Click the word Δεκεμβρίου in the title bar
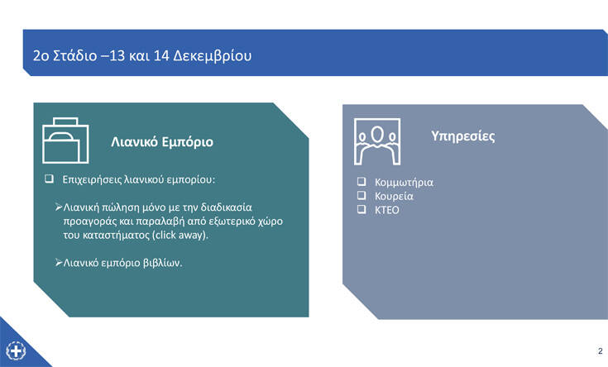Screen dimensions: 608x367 [x=212, y=56]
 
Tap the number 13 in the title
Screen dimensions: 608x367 [x=117, y=55]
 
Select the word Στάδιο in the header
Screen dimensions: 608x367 [x=74, y=55]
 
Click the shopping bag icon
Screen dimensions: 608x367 [x=65, y=141]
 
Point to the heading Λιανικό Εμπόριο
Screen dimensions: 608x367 [x=162, y=142]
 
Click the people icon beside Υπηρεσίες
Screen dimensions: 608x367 [x=377, y=141]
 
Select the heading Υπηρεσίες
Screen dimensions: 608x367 [x=463, y=136]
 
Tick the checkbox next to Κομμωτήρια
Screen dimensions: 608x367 [x=361, y=181]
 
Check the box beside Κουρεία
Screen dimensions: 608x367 [x=361, y=195]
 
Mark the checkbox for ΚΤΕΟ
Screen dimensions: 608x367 [x=361, y=209]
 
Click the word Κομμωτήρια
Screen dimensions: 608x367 [x=404, y=183]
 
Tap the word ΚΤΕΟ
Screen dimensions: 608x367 [x=386, y=210]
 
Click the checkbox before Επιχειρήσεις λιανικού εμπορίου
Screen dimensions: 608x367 [x=49, y=179]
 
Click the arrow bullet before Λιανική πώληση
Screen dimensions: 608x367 [x=59, y=207]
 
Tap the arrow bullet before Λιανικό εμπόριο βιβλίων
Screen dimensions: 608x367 [x=59, y=263]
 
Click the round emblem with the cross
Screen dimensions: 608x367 [x=16, y=351]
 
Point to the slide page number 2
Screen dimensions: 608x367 [x=601, y=351]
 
